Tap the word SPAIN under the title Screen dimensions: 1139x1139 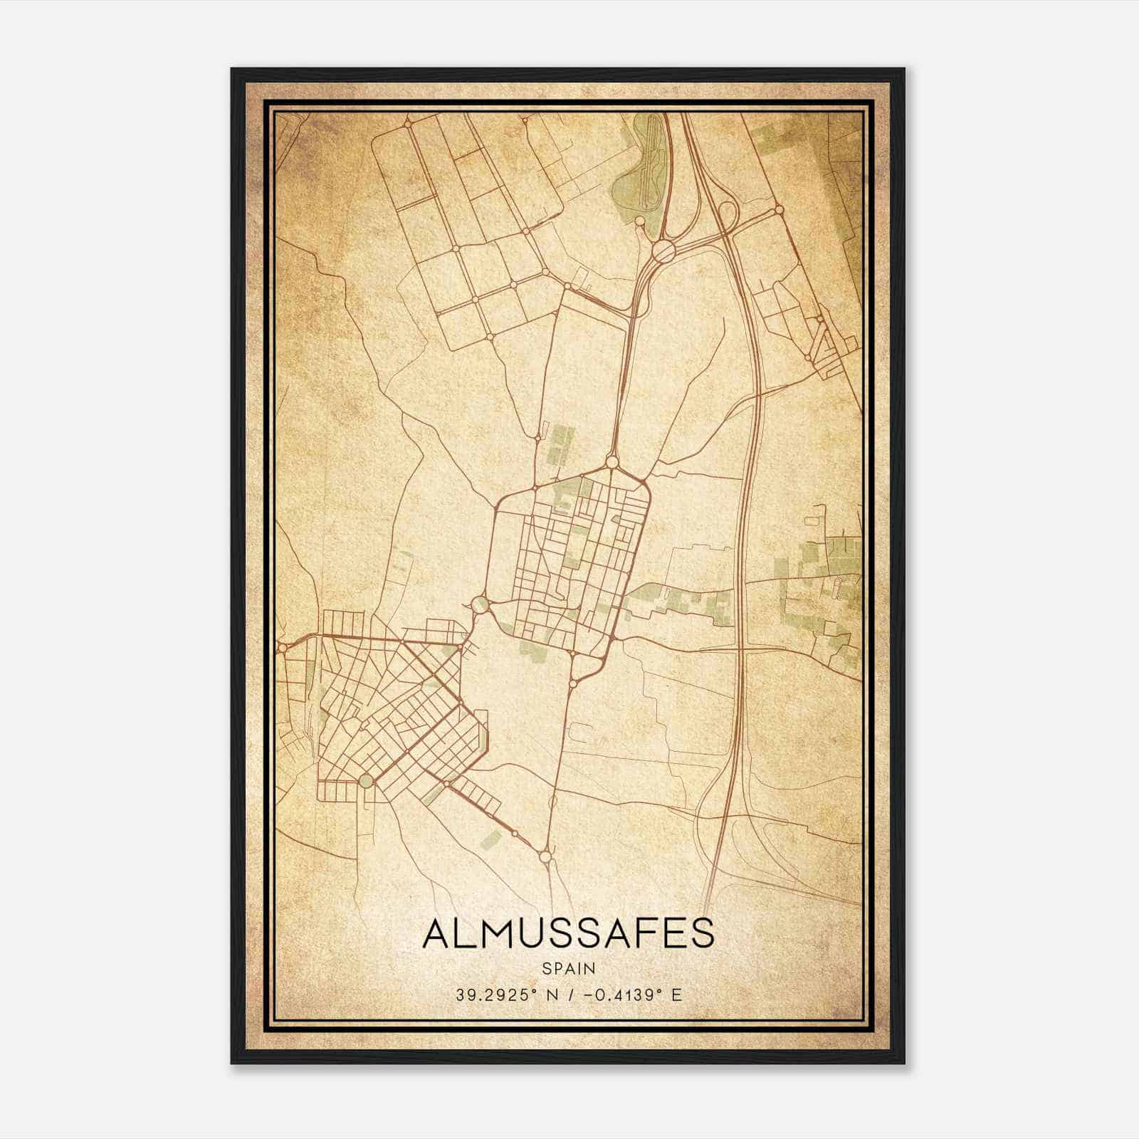568,969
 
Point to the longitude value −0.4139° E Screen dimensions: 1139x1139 631,994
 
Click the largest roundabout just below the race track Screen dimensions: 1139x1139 664,251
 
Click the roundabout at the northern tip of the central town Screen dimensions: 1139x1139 612,462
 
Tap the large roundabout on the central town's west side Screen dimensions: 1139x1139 481,604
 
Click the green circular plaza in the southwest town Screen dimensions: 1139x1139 365,781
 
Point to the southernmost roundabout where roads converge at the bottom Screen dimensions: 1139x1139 545,856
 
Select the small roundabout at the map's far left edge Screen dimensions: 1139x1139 283,647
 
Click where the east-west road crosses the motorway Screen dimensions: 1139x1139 739,649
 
